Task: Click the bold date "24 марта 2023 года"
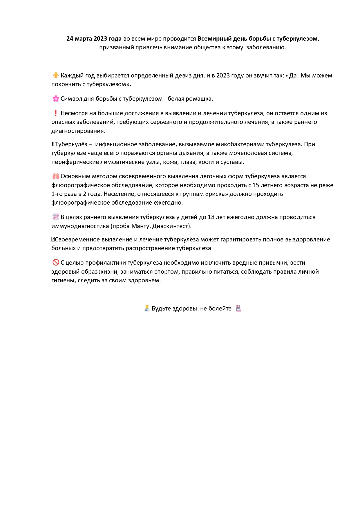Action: click(94, 39)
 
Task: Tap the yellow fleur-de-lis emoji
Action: click(56, 75)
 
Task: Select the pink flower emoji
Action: click(56, 99)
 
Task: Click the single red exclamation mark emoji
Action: click(56, 113)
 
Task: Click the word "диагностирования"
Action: click(78, 131)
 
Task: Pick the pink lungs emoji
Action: click(56, 176)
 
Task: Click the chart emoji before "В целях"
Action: click(56, 217)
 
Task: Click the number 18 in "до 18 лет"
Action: click(211, 217)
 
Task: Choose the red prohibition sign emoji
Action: click(56, 263)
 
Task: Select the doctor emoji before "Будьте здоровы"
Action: click(147, 308)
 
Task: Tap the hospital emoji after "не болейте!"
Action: click(238, 308)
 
